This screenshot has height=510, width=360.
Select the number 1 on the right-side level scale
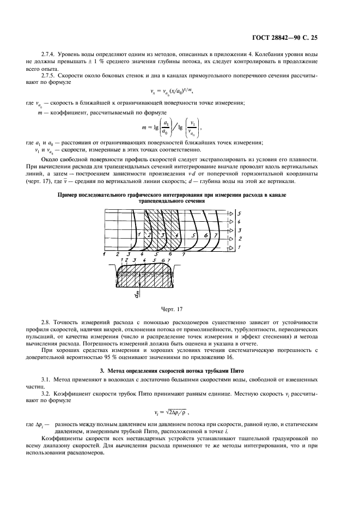point(240,247)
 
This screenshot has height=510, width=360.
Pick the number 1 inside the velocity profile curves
point(139,234)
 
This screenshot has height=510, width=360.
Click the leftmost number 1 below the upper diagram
point(104,254)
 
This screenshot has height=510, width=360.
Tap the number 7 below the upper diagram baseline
point(184,254)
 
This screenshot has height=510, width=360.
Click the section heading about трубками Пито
point(180,371)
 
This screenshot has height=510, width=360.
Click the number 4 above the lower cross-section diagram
point(144,261)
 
